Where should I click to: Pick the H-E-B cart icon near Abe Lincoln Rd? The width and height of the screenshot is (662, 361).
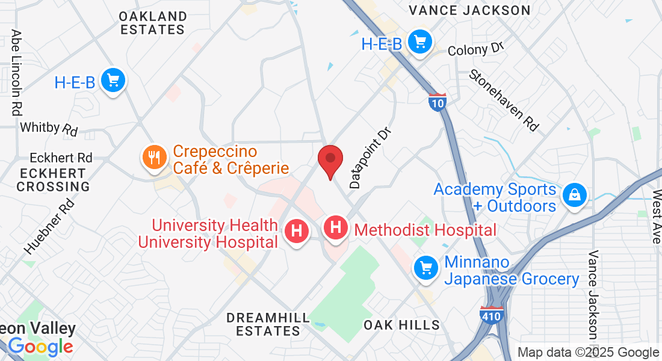coord(113,80)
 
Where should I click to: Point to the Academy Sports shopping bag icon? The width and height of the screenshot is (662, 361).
coord(575,195)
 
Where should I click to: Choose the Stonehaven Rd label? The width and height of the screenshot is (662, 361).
coord(504,100)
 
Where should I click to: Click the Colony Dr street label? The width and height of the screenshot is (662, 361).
coord(475,48)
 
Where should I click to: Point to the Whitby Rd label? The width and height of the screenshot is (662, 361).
coord(49,128)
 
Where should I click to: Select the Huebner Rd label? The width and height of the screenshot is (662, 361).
coord(49,226)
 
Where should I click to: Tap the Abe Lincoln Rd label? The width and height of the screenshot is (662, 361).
coord(16,73)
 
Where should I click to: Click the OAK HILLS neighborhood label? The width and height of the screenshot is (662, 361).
coord(402,325)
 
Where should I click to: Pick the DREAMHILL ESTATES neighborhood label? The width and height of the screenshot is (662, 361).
coord(268,324)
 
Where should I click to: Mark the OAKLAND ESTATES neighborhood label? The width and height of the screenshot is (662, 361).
coord(153,22)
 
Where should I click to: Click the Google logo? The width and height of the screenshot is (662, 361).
coord(40,347)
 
